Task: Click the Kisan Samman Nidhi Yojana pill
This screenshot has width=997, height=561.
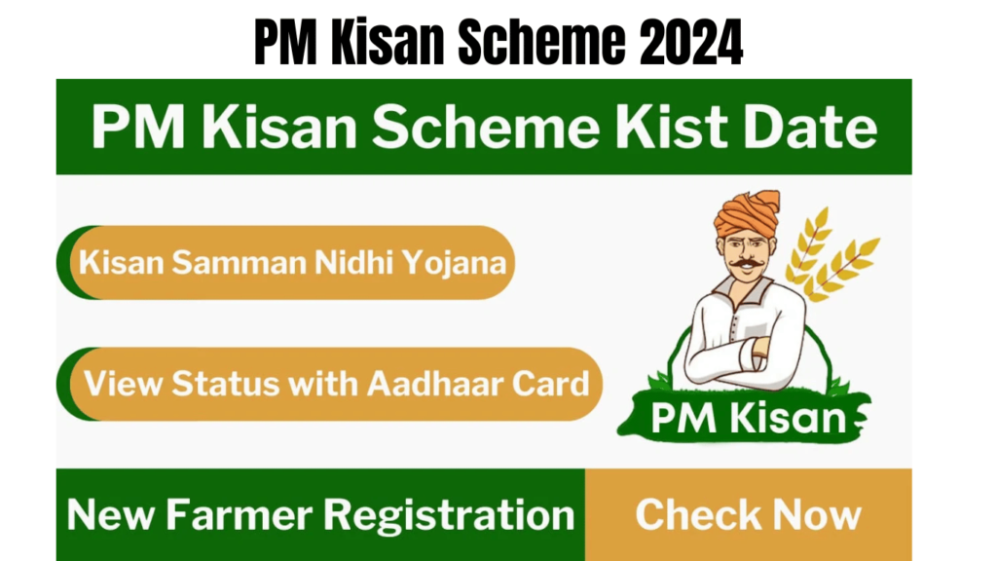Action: tap(292, 262)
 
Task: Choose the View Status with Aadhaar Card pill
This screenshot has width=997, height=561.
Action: tap(336, 383)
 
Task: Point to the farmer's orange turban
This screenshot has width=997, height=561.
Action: tap(746, 211)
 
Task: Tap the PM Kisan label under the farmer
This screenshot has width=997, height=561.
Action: tap(748, 419)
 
